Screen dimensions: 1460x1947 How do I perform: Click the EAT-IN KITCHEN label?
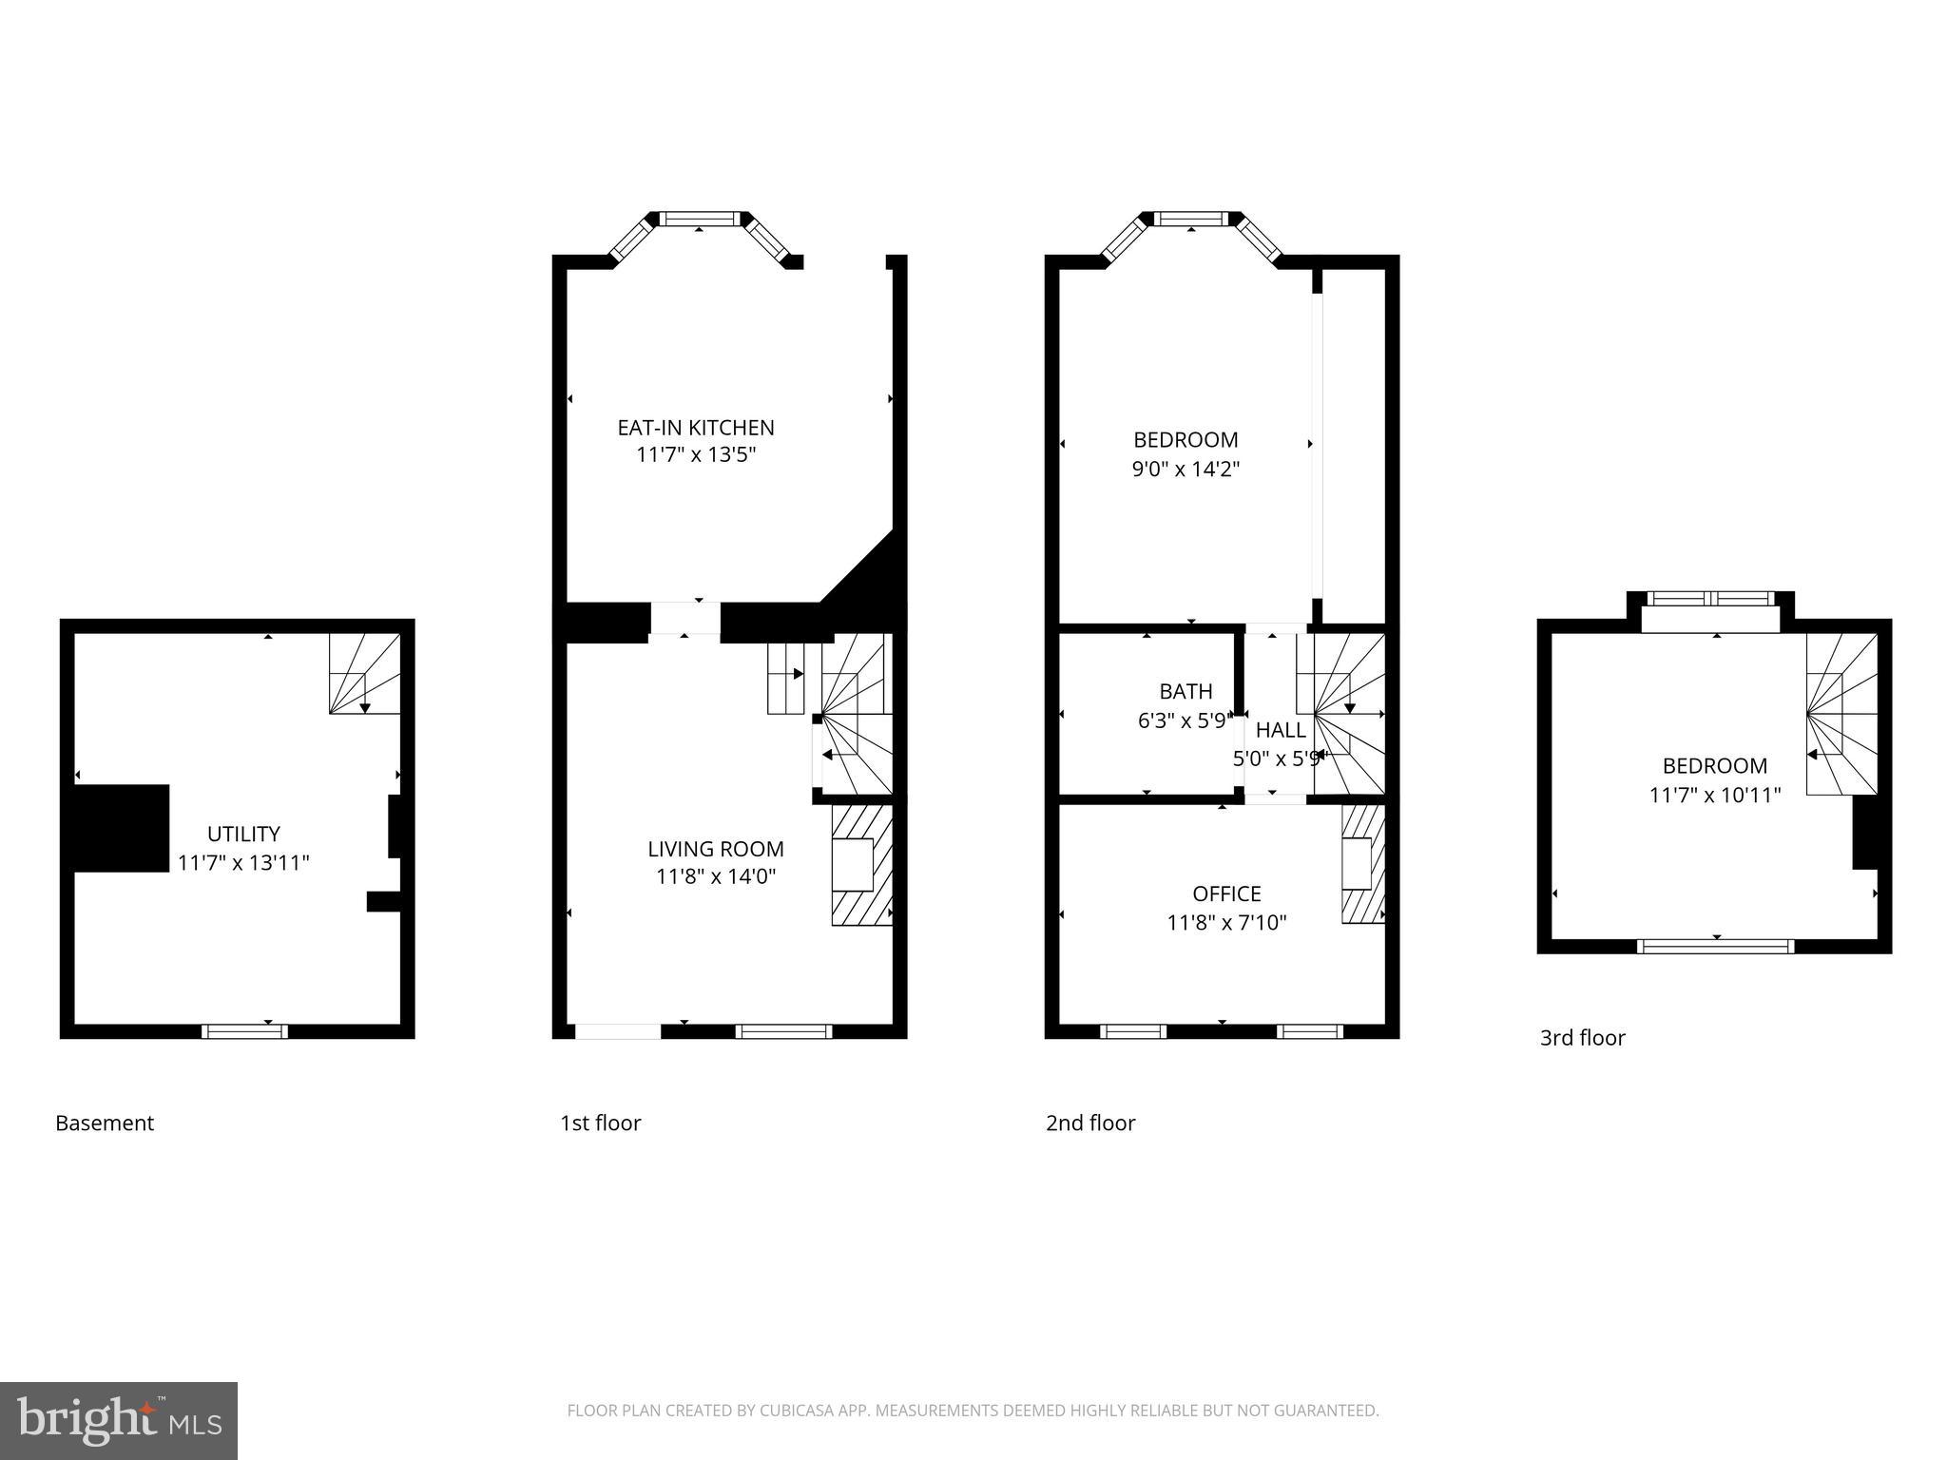[696, 428]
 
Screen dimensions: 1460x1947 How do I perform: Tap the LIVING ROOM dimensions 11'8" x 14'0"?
[716, 876]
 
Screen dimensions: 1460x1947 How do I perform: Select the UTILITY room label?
[243, 834]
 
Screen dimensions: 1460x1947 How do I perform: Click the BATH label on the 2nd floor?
[1186, 692]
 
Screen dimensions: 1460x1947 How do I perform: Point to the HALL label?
[1281, 730]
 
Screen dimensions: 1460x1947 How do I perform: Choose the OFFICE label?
[1226, 893]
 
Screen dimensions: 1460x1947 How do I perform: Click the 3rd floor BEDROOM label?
[1714, 766]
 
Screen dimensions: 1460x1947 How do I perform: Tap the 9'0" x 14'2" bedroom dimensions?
[1186, 469]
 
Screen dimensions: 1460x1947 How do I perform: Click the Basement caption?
[105, 1124]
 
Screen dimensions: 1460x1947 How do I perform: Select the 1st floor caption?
[600, 1124]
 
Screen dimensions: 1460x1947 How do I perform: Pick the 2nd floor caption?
[1090, 1124]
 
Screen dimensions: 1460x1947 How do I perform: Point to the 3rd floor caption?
[1582, 1038]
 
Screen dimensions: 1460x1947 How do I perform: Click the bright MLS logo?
[119, 1421]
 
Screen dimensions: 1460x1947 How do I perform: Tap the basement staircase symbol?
[364, 674]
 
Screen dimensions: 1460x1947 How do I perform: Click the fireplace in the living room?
[860, 864]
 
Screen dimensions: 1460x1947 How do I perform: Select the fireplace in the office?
[1361, 864]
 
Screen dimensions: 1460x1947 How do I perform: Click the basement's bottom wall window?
[244, 1030]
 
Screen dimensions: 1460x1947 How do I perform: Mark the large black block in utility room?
[122, 828]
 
